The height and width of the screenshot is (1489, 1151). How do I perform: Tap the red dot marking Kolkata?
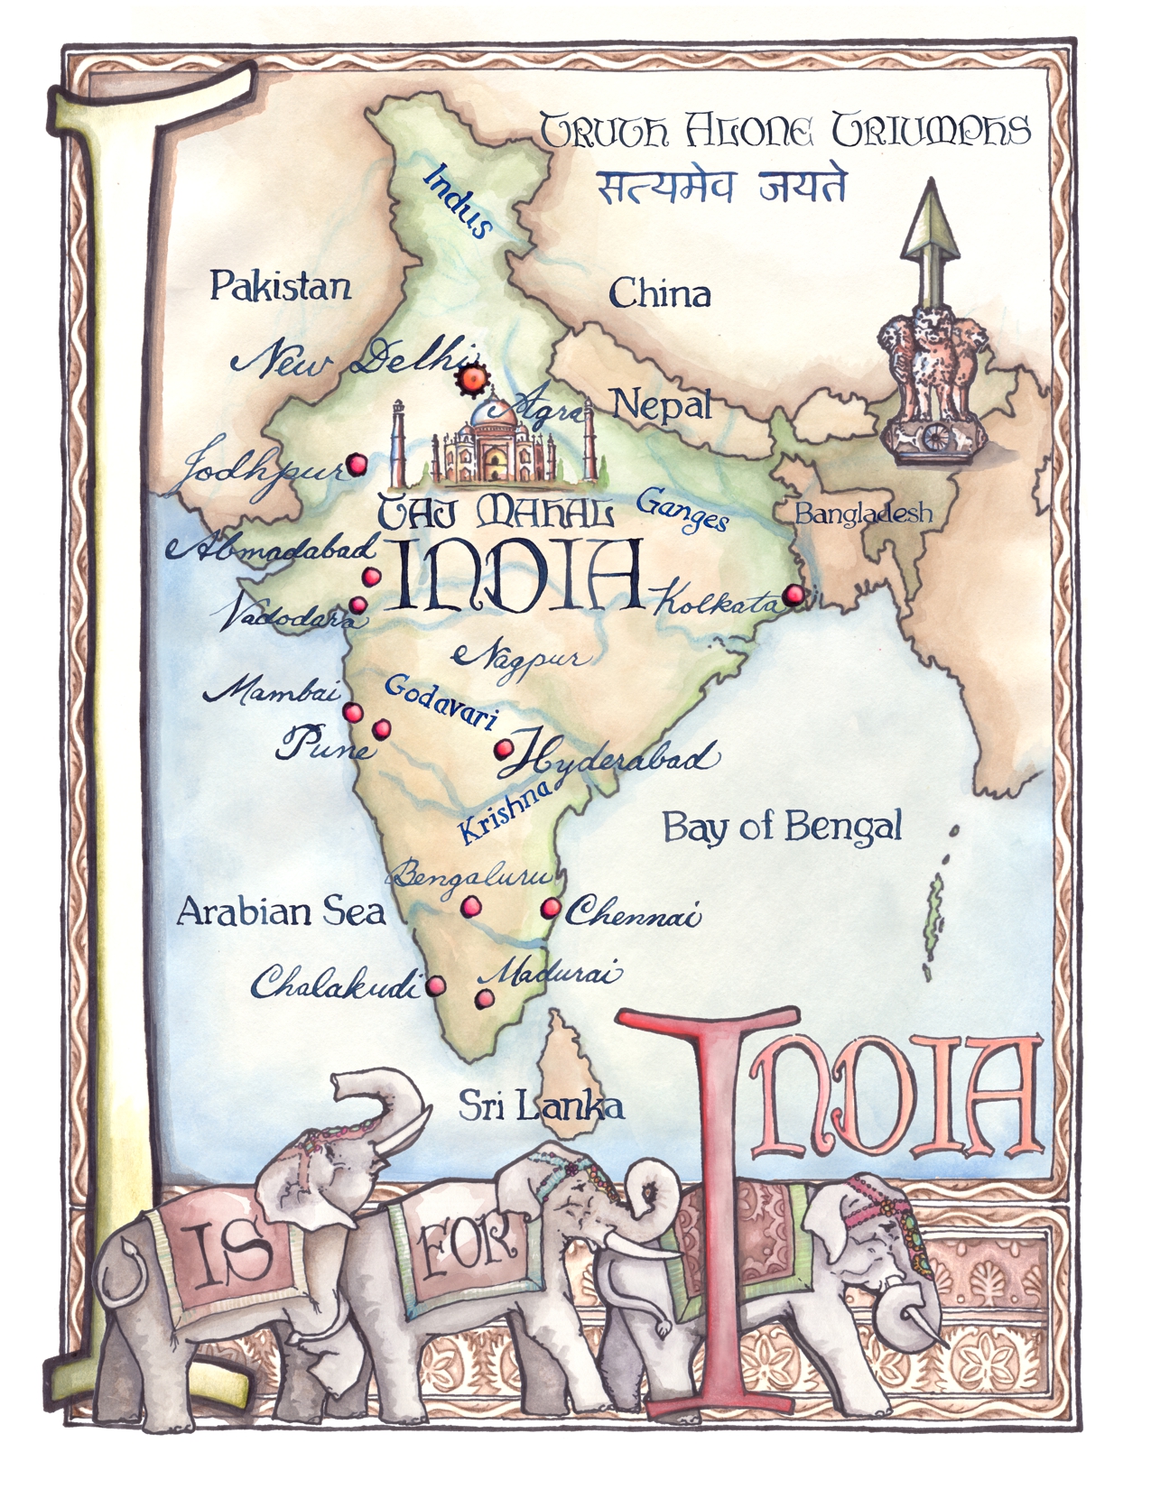point(793,595)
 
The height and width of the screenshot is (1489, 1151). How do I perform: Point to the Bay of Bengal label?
point(782,827)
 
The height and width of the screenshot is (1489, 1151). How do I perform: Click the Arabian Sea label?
point(281,911)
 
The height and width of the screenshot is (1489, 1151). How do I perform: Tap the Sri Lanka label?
point(541,1105)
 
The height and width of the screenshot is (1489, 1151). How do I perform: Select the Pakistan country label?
point(280,286)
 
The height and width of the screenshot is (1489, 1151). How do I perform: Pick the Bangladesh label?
point(863,513)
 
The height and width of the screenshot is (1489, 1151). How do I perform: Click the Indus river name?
point(459,201)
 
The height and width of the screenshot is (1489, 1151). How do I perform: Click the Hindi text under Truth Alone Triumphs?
point(721,187)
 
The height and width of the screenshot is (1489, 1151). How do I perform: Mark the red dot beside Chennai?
point(550,909)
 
